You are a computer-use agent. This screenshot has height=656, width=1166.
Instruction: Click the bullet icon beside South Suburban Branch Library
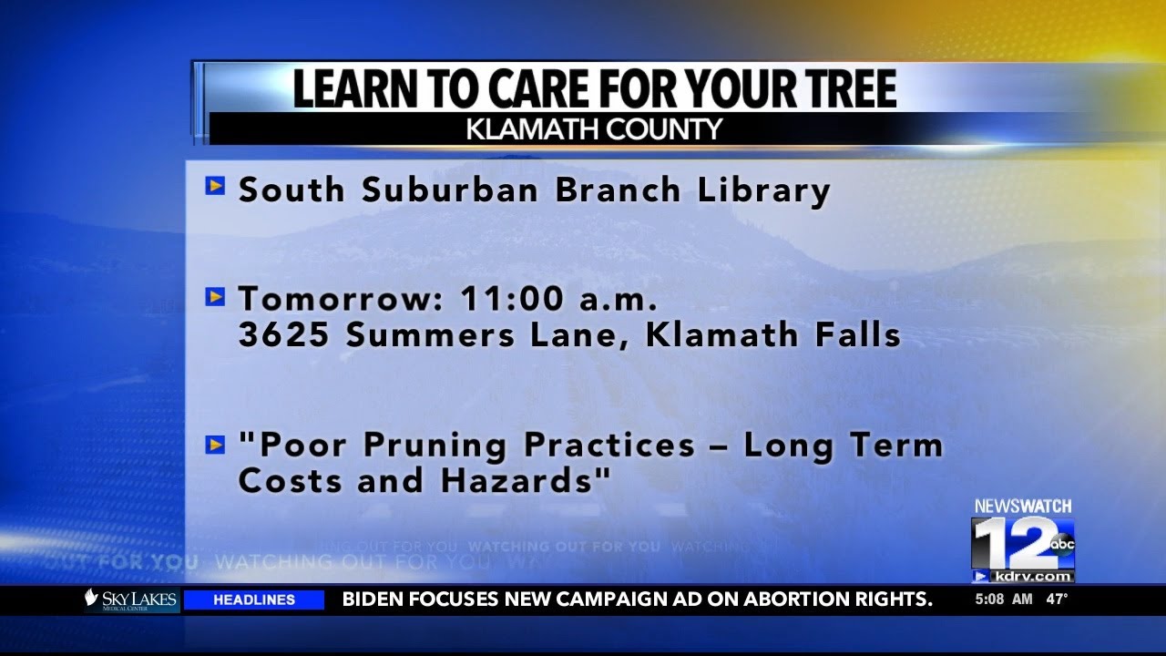215,187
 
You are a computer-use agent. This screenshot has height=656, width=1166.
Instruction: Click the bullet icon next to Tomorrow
215,296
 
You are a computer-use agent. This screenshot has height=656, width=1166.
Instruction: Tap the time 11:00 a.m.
558,299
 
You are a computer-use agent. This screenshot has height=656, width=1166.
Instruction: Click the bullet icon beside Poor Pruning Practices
215,445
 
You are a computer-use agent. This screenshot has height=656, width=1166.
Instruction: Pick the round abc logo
1062,545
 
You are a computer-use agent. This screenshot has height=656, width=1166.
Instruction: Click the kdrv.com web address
1031,577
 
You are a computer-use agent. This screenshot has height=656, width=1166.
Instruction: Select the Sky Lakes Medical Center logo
130,600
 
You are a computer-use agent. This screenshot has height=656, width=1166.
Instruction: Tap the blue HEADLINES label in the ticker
254,600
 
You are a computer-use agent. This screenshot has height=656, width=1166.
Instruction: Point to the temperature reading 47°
1057,600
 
